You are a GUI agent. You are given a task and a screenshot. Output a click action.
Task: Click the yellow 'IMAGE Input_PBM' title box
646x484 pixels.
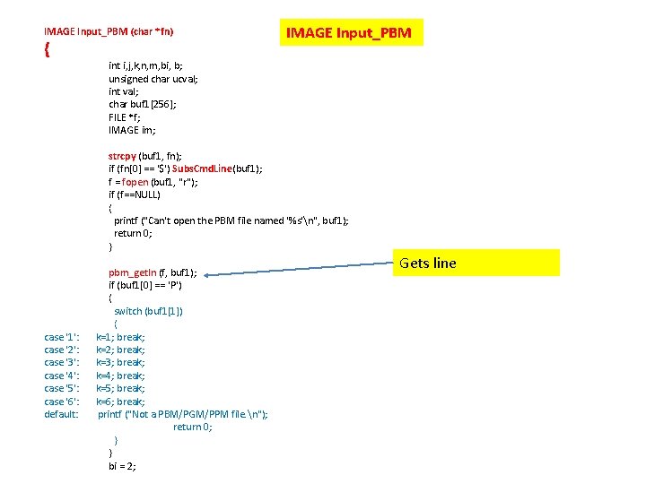(x=349, y=33)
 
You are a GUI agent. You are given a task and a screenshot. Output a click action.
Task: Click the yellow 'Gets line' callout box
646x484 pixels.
(x=477, y=263)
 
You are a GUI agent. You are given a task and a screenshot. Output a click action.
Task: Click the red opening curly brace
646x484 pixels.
(x=47, y=50)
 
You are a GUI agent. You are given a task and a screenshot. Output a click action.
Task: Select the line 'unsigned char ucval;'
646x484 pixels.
(x=153, y=79)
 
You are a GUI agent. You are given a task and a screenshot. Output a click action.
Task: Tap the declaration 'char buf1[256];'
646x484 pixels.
(x=143, y=104)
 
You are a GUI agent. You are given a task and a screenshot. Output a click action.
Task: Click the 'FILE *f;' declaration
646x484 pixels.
(x=125, y=117)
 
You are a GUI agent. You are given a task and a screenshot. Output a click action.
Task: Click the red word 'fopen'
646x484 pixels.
(x=135, y=182)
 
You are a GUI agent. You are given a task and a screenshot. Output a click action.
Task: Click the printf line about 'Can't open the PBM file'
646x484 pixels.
(x=231, y=220)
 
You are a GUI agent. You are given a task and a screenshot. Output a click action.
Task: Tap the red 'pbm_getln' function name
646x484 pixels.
(x=132, y=272)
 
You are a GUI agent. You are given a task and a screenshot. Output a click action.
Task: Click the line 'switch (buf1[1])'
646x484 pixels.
(x=149, y=311)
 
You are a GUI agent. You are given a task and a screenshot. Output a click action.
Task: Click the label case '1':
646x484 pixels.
(x=62, y=337)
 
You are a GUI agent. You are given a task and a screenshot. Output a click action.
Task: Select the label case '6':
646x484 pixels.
(x=62, y=402)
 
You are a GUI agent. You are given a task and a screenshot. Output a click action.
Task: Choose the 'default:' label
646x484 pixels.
(x=62, y=414)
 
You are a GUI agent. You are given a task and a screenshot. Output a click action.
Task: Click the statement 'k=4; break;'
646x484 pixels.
(x=121, y=376)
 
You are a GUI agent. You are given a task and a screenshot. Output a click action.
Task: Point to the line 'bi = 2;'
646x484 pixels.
(x=123, y=466)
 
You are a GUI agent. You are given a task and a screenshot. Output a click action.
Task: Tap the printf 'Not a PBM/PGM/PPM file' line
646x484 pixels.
(x=183, y=414)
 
